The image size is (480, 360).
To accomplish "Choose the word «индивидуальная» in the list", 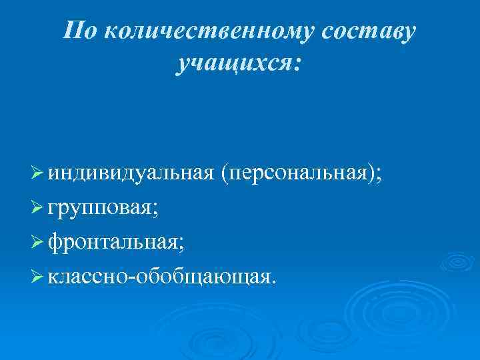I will click(x=131, y=174).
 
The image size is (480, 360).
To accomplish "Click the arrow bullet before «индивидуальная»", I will click(x=37, y=174).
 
